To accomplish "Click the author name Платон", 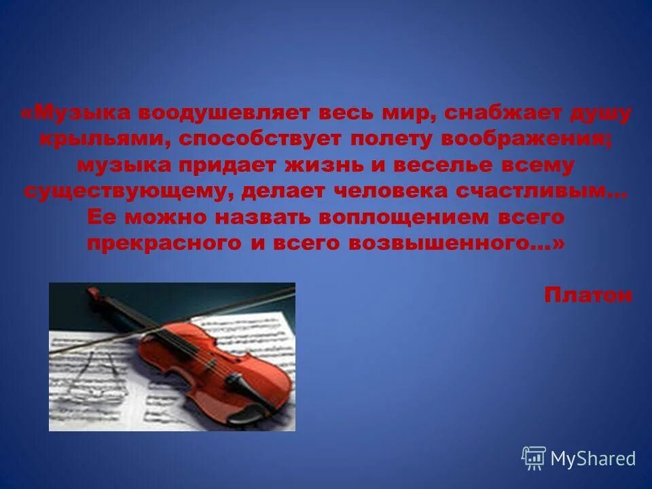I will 587,295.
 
